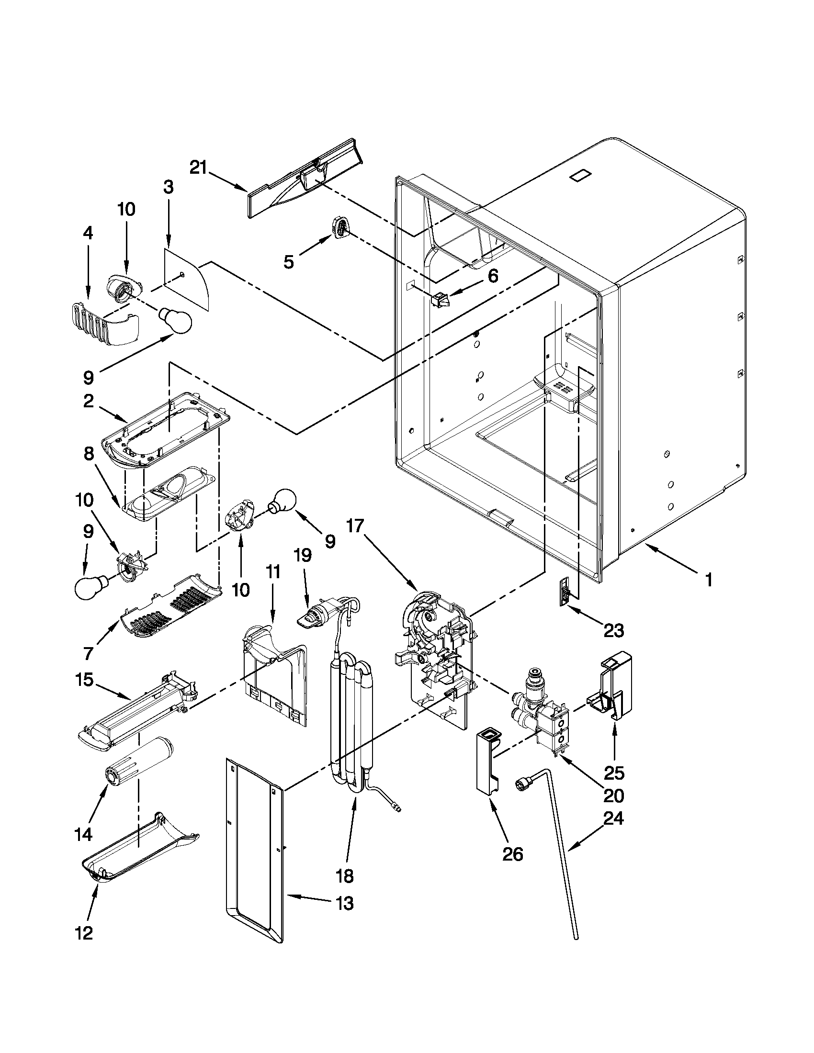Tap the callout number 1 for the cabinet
(708, 580)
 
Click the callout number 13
(344, 903)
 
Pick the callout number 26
(513, 854)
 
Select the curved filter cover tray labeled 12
(140, 854)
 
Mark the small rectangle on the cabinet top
(580, 176)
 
